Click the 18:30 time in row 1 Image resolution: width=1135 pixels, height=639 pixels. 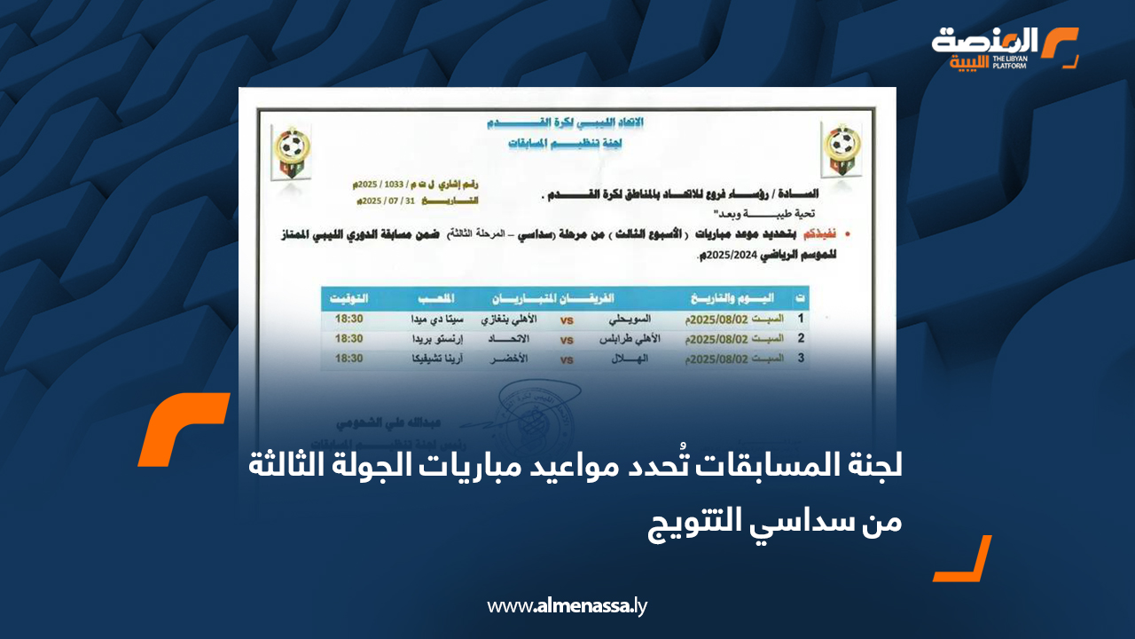[x=348, y=319]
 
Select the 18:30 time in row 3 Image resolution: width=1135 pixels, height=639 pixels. [x=348, y=359]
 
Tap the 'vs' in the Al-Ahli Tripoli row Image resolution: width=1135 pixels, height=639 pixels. [x=567, y=340]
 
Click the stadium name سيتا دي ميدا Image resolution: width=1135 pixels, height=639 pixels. [x=430, y=319]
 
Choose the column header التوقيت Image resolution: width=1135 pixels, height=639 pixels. [x=349, y=297]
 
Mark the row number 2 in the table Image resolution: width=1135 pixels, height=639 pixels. [x=800, y=339]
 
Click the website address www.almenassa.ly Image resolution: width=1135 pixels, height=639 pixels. [x=567, y=607]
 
